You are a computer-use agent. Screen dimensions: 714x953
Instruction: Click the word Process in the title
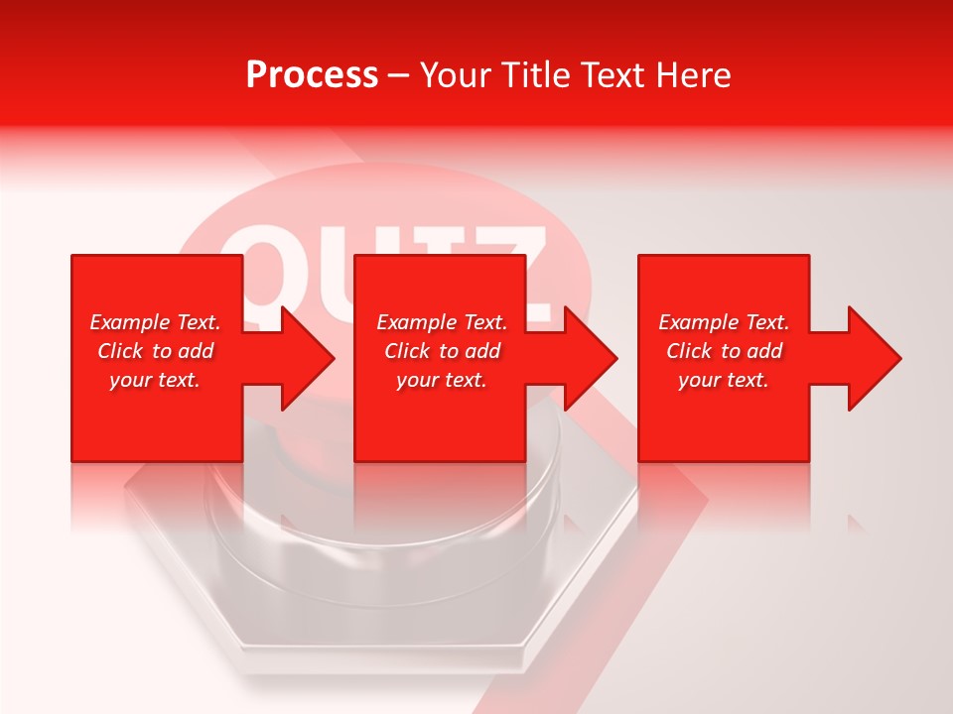[312, 75]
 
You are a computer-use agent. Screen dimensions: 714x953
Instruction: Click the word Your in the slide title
[455, 75]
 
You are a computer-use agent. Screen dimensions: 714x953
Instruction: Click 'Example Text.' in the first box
[155, 322]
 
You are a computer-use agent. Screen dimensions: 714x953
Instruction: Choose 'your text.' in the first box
[155, 380]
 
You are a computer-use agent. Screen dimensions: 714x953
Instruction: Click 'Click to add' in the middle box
[442, 351]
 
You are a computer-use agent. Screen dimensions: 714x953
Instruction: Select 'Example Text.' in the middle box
[442, 322]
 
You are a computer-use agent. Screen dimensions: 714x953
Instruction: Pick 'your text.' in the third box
[724, 380]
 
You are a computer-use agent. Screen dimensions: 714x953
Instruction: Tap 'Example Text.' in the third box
[724, 322]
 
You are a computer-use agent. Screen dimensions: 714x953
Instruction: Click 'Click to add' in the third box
[724, 351]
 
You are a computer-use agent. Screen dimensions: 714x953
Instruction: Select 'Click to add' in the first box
[155, 351]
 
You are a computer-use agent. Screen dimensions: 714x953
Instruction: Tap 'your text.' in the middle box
[442, 380]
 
